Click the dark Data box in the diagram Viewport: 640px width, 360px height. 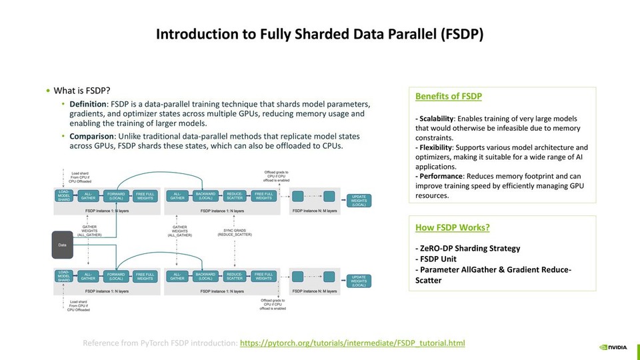tap(63, 245)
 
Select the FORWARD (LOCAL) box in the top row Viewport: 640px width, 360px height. tap(117, 196)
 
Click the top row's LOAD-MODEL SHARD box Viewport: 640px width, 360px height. tap(63, 195)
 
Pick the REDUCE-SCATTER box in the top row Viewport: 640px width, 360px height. tap(235, 196)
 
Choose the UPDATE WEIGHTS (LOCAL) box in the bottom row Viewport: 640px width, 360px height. tap(358, 280)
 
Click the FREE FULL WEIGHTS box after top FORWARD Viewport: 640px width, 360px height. tap(144, 196)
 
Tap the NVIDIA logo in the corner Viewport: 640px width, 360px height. tap(613, 347)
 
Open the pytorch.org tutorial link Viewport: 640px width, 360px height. tap(352, 343)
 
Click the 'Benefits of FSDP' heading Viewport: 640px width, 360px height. tap(448, 97)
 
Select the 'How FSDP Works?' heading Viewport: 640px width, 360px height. tap(452, 227)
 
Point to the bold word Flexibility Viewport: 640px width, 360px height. tap(434, 147)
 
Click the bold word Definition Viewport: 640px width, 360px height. tap(88, 105)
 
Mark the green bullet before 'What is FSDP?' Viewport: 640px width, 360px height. tap(47, 91)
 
